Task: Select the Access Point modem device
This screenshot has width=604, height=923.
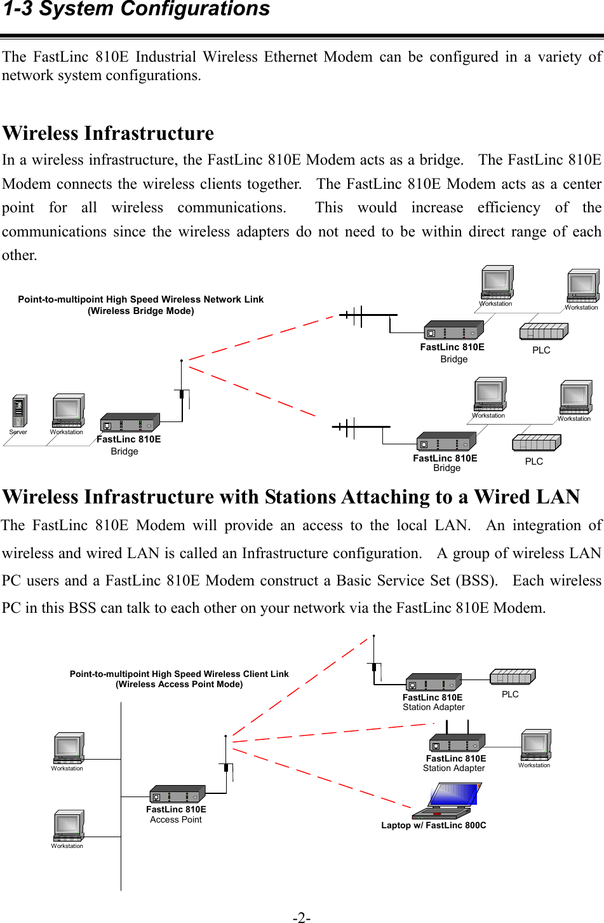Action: click(177, 795)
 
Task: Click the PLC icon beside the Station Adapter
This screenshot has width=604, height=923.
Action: click(513, 677)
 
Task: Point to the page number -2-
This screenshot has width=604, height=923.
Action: click(302, 917)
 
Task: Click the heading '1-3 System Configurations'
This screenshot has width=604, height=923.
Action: click(137, 10)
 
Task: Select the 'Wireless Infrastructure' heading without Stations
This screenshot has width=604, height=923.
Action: click(108, 133)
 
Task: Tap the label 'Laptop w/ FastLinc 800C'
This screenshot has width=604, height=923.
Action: click(434, 825)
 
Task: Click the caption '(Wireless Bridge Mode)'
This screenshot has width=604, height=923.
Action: click(141, 311)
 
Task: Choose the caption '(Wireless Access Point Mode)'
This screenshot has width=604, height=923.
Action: click(179, 684)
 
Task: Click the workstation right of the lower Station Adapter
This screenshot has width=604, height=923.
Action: click(535, 745)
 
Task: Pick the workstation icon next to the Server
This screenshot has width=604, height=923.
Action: click(68, 411)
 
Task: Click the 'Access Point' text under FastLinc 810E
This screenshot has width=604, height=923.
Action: click(176, 819)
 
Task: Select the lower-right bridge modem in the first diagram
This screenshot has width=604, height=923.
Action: click(446, 442)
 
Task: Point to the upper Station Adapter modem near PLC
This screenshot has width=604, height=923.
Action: click(433, 683)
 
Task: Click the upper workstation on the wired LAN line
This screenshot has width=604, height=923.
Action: click(68, 748)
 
